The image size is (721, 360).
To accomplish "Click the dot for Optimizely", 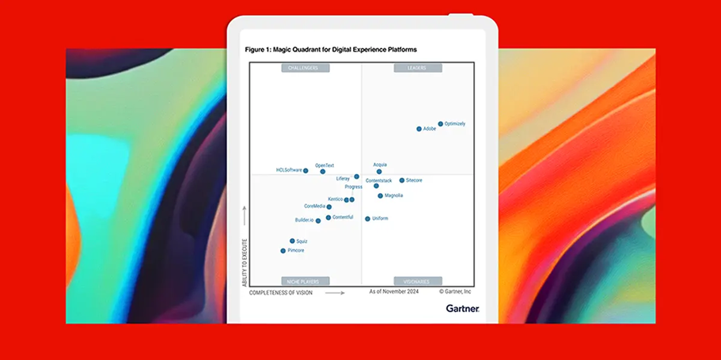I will tap(441, 124).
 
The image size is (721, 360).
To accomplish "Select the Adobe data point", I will tap(419, 129).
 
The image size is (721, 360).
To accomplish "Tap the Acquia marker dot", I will tap(379, 172).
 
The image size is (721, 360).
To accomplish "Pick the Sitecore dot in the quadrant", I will tap(402, 180).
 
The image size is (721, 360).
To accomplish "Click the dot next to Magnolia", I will tap(380, 195).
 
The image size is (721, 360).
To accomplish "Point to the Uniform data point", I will tap(368, 218).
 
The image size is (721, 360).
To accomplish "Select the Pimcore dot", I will tap(283, 251).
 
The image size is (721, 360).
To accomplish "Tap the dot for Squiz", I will tap(292, 241).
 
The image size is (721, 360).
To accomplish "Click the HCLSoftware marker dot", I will tap(305, 171).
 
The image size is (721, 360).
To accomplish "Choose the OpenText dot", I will tap(322, 172).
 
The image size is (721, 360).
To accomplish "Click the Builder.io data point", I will tap(318, 221).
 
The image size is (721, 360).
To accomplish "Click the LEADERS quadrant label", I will tap(417, 68).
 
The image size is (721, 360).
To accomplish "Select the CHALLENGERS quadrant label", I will tap(305, 68).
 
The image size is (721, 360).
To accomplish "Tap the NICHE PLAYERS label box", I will tap(305, 281).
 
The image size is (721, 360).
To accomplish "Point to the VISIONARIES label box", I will tap(417, 281).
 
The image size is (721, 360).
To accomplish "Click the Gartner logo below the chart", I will tap(462, 309).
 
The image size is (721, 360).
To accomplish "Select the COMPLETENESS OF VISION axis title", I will tap(281, 293).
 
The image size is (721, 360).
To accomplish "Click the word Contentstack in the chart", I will tap(378, 180).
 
